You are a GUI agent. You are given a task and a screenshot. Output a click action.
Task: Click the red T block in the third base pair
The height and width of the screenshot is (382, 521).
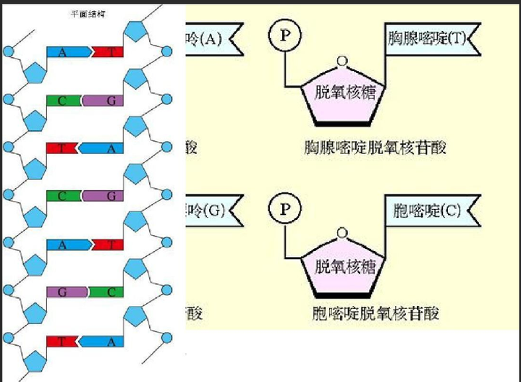tap(61, 148)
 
